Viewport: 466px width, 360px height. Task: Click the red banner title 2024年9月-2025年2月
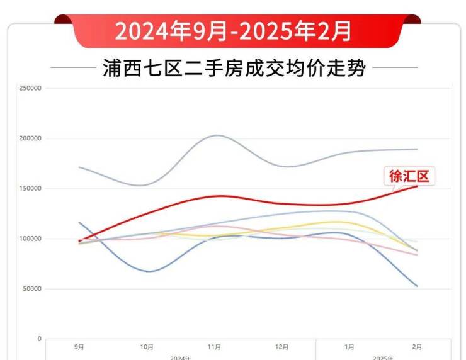pyautogui.click(x=233, y=30)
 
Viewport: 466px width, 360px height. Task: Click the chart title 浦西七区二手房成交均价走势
pyautogui.click(x=234, y=68)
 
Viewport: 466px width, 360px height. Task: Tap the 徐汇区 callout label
pyautogui.click(x=409, y=176)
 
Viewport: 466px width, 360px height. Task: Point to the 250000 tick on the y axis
pyautogui.click(x=30, y=88)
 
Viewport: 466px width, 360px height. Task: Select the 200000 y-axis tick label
pyautogui.click(x=30, y=138)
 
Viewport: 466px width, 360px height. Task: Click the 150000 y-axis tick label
pyautogui.click(x=30, y=189)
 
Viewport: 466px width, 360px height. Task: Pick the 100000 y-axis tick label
pyautogui.click(x=30, y=239)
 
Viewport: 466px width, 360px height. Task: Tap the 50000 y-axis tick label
pyautogui.click(x=31, y=289)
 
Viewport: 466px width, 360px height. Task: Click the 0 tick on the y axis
pyautogui.click(x=39, y=339)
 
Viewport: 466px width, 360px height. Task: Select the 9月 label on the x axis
pyautogui.click(x=79, y=347)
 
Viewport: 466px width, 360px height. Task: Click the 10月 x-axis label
pyautogui.click(x=147, y=347)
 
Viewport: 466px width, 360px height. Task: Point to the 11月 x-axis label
pyautogui.click(x=214, y=347)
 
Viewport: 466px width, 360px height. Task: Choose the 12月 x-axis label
pyautogui.click(x=282, y=347)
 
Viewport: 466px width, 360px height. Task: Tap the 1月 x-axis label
pyautogui.click(x=349, y=347)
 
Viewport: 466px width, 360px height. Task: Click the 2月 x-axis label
pyautogui.click(x=417, y=347)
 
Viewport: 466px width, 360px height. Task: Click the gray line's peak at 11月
pyautogui.click(x=216, y=135)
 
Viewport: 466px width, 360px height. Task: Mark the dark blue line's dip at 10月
pyautogui.click(x=149, y=271)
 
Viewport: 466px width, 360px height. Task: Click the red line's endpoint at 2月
pyautogui.click(x=417, y=186)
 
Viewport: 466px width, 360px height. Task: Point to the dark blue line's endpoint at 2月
pyautogui.click(x=417, y=286)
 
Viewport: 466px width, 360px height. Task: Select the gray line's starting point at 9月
pyautogui.click(x=79, y=167)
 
